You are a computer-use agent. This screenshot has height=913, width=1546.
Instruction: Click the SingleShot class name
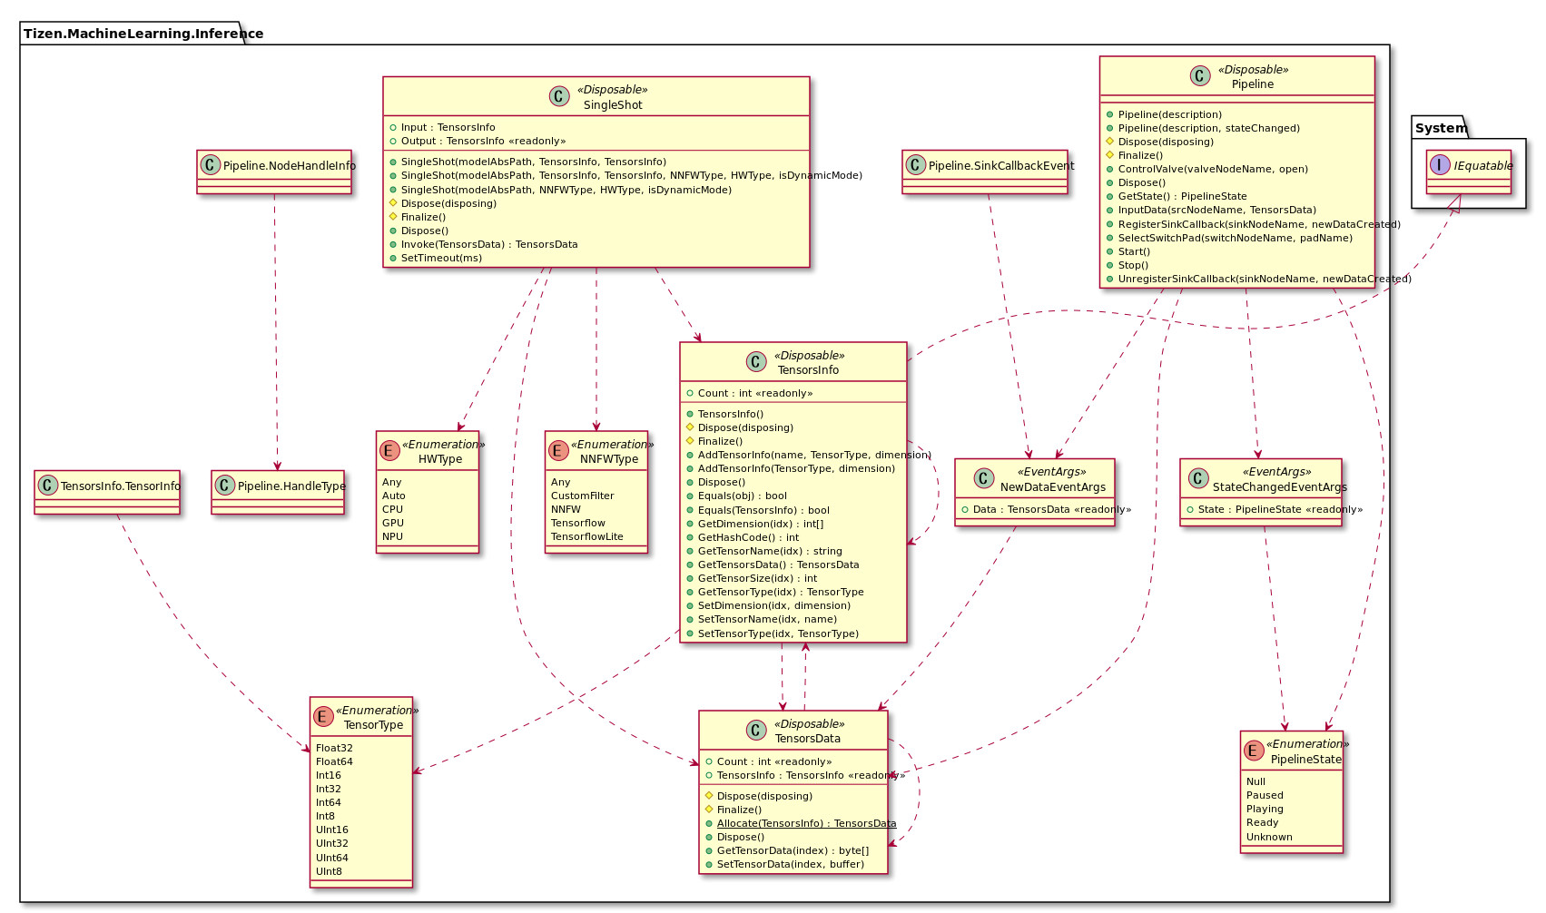(x=613, y=105)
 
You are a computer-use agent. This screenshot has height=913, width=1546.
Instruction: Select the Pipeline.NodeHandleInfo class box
(x=274, y=166)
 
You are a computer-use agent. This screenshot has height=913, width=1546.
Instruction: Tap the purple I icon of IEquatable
(x=1440, y=165)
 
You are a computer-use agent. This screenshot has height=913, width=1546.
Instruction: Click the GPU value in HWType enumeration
(x=393, y=523)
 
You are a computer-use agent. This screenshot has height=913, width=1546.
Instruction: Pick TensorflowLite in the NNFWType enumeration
(x=586, y=536)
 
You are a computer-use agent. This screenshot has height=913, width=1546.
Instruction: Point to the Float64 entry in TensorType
(x=334, y=761)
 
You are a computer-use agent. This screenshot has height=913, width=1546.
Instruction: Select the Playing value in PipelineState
(x=1265, y=809)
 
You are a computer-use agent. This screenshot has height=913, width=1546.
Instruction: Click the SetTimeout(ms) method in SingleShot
(x=441, y=258)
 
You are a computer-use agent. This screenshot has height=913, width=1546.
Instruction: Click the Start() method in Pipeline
(x=1134, y=251)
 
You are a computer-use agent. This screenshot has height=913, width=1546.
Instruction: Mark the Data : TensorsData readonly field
(x=1051, y=509)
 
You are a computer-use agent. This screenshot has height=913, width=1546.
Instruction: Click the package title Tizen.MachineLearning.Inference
(x=143, y=34)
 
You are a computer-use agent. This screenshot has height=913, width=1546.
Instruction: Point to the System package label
(x=1441, y=128)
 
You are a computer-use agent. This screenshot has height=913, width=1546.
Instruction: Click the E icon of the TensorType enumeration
(x=324, y=717)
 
